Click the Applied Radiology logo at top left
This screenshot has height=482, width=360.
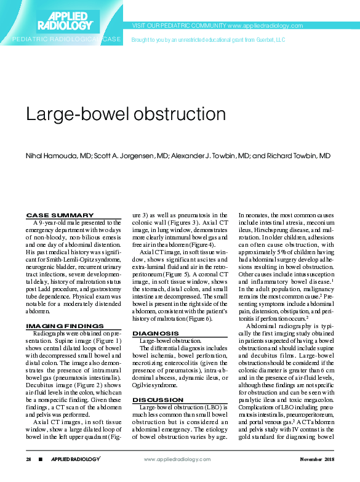65,19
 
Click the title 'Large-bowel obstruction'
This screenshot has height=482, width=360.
125,114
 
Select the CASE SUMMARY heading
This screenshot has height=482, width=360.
60,215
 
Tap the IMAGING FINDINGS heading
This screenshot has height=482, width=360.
65,326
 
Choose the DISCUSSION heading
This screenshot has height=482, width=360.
158,400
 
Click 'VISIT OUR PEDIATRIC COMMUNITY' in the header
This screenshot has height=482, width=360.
178,26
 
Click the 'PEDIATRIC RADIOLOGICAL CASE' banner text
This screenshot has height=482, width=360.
67,39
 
